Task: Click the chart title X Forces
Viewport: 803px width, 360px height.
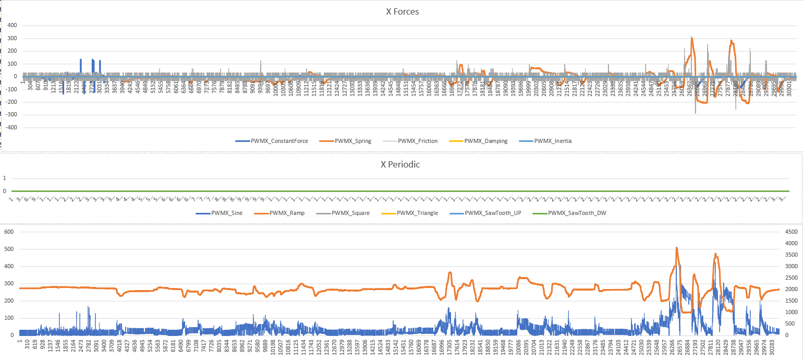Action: [x=402, y=12]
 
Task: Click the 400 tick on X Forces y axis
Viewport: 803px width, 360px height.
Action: [x=11, y=26]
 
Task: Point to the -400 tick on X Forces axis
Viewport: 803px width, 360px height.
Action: [x=9, y=127]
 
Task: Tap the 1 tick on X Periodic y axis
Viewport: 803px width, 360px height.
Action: [x=4, y=178]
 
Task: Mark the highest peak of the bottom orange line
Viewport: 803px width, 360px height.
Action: [x=676, y=248]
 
